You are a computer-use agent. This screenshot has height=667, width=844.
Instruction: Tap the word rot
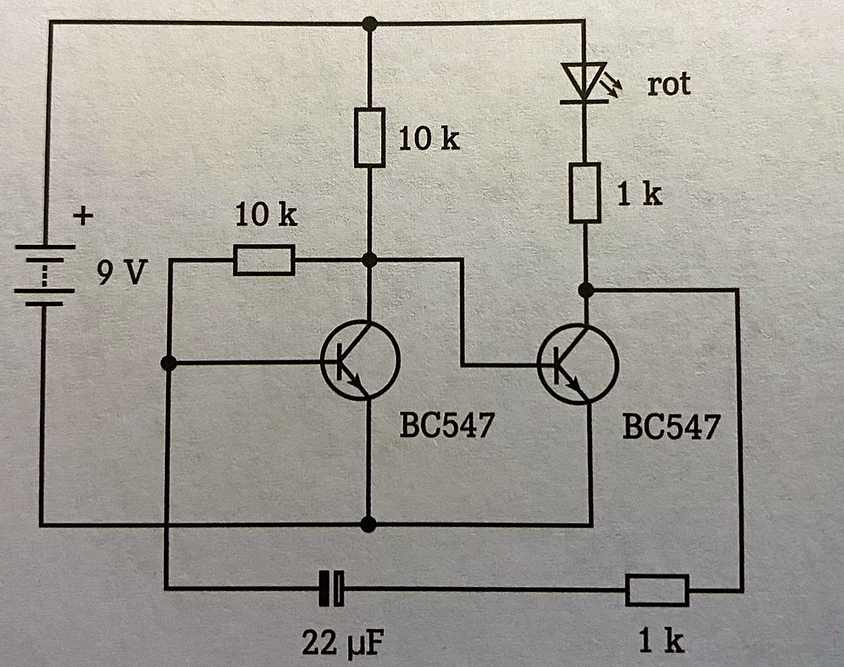[669, 85]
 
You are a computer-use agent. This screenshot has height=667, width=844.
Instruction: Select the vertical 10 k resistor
[369, 138]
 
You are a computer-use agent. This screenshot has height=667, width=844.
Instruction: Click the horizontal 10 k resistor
[264, 261]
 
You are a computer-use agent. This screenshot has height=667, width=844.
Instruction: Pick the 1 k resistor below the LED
[584, 193]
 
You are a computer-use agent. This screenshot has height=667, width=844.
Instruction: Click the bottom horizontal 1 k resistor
[657, 589]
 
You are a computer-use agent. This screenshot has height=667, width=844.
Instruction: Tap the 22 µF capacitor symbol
[331, 588]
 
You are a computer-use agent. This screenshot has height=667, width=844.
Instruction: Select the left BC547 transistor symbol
[360, 360]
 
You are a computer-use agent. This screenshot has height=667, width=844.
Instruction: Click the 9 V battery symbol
[44, 275]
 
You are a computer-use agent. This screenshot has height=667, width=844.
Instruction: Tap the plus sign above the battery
[83, 216]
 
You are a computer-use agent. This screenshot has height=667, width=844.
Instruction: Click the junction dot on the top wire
[370, 25]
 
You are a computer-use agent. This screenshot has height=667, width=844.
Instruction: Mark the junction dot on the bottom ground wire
[369, 524]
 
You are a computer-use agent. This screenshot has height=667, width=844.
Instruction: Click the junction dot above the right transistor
[587, 289]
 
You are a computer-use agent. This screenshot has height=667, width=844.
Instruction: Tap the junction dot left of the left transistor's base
[169, 362]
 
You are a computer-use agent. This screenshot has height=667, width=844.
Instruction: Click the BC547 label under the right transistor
[670, 427]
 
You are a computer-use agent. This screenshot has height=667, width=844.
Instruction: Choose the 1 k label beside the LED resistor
[640, 194]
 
